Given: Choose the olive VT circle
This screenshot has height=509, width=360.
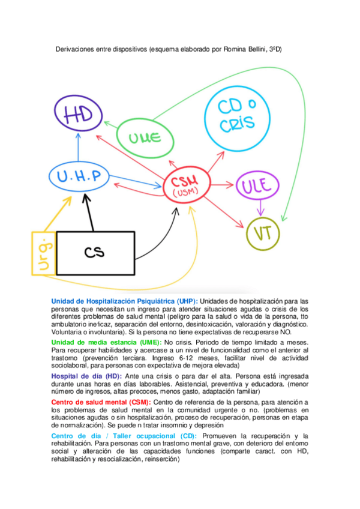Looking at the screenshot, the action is tap(263, 233).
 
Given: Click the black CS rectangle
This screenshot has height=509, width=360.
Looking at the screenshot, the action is tap(95, 253).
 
